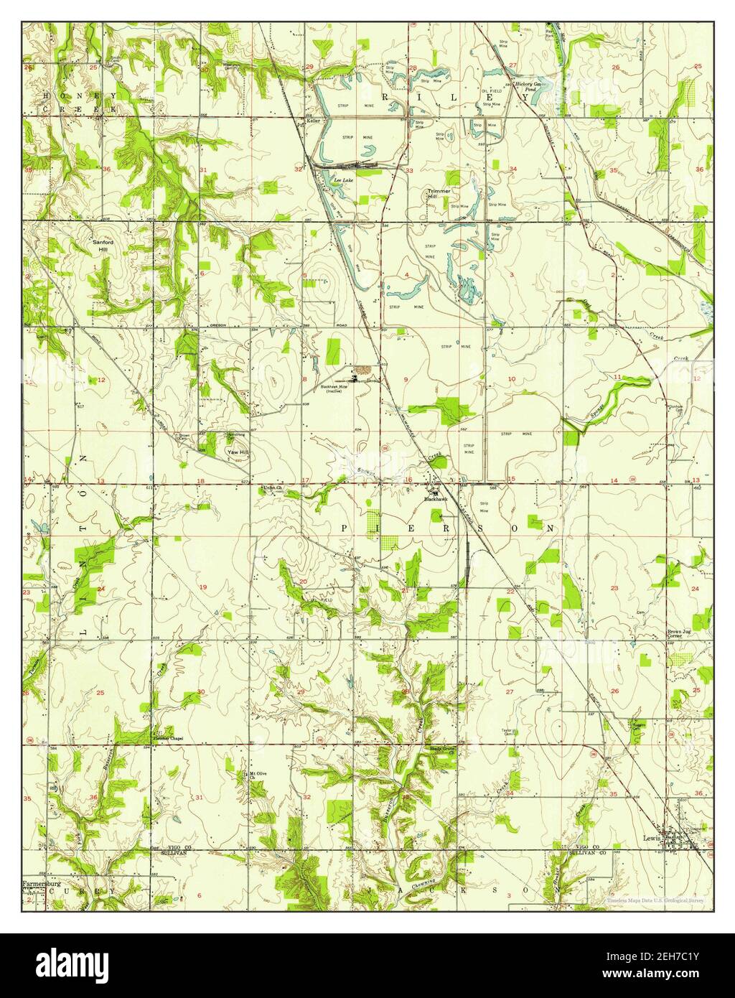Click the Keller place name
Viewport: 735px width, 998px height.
pos(312,121)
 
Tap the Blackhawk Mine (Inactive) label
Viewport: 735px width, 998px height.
pos(334,389)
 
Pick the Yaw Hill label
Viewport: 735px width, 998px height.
pos(238,452)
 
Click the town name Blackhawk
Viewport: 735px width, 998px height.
pos(436,499)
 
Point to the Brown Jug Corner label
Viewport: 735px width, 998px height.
pos(678,633)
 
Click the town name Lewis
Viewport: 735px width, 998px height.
pos(651,837)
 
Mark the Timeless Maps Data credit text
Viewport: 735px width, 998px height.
pos(655,900)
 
